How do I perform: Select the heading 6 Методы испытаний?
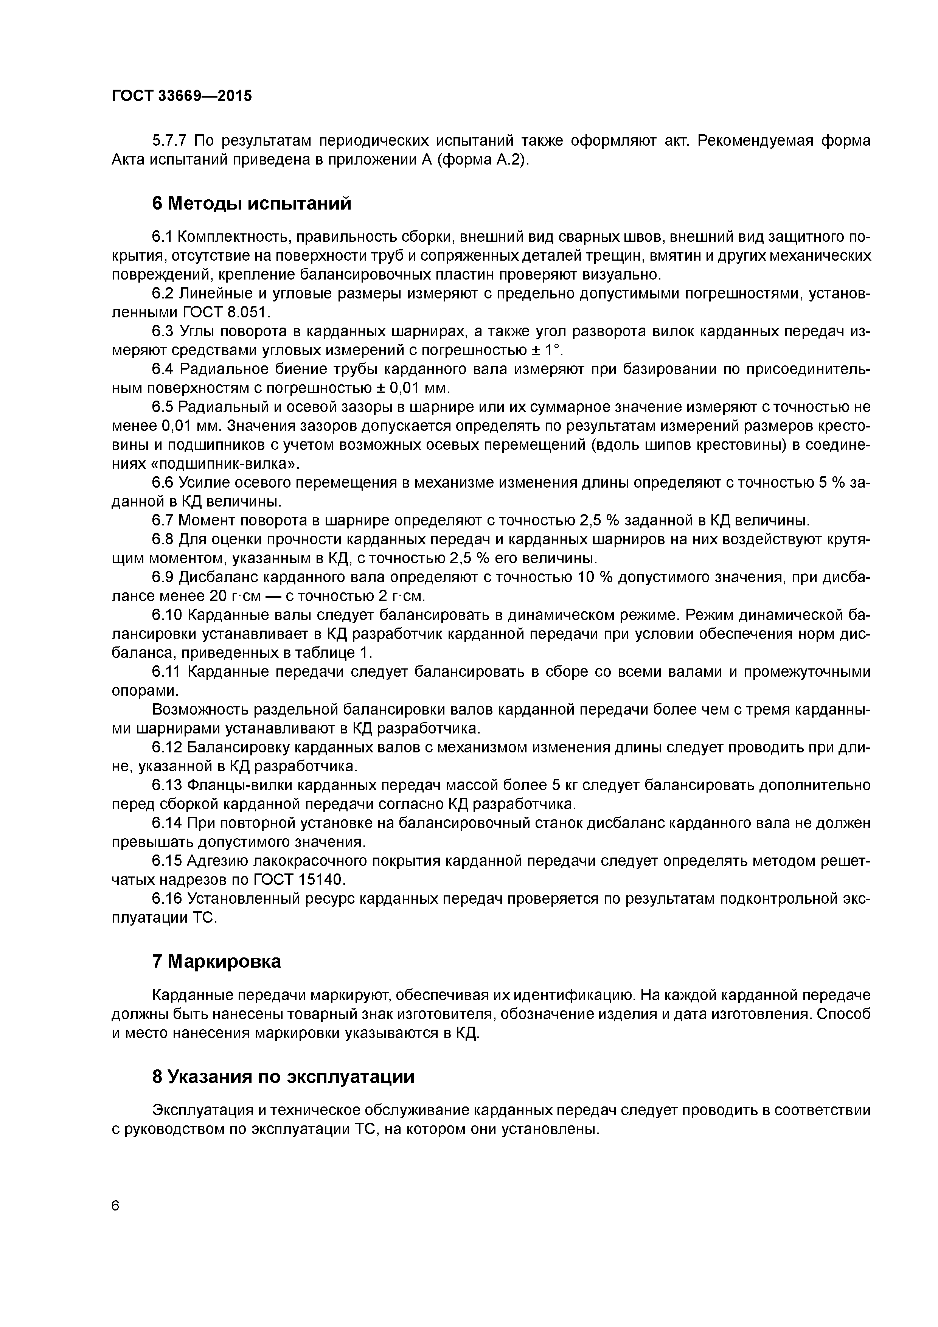click(x=252, y=204)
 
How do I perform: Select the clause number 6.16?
click(x=167, y=899)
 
